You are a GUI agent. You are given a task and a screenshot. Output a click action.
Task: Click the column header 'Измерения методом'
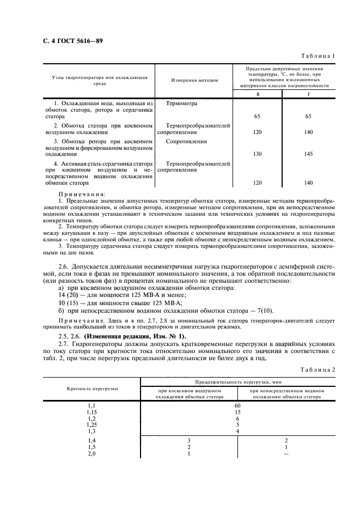(194, 80)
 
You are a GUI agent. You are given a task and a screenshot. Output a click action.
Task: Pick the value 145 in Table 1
(309, 154)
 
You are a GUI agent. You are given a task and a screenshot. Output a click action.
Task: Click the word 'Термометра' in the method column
(182, 103)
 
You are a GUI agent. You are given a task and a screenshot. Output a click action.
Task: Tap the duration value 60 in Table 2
(237, 406)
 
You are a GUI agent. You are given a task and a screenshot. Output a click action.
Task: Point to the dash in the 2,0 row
(286, 453)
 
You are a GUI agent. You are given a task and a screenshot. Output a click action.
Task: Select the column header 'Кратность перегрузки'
(91, 388)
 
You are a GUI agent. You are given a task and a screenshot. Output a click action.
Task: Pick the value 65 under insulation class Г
(309, 117)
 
